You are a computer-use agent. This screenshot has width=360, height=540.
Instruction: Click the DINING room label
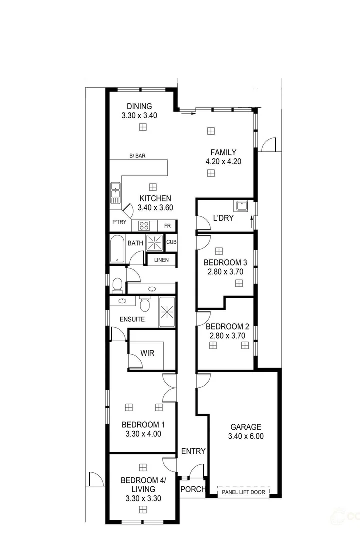click(139, 106)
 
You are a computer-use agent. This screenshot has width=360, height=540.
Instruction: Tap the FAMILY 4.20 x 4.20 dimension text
click(223, 162)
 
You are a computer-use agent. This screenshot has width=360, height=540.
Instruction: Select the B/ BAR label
click(137, 156)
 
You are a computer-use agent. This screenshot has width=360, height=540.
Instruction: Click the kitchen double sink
click(115, 193)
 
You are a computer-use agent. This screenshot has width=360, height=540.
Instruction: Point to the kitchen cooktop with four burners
click(144, 225)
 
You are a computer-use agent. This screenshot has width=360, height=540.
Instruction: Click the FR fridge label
click(167, 226)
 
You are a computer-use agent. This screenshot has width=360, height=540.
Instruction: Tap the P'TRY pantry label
click(119, 222)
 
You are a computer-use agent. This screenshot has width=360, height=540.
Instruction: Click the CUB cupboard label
click(171, 242)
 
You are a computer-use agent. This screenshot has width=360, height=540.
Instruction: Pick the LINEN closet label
click(161, 260)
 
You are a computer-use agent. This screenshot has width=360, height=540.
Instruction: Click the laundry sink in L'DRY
click(242, 205)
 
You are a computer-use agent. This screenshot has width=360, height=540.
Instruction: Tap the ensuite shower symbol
click(167, 312)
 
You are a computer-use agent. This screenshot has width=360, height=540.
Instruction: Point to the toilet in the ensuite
click(145, 304)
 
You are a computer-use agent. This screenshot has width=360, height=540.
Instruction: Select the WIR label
click(147, 353)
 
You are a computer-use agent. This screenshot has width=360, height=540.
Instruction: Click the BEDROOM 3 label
click(225, 262)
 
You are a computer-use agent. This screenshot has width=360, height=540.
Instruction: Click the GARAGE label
click(245, 427)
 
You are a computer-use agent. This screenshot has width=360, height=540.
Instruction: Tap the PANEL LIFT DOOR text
click(244, 492)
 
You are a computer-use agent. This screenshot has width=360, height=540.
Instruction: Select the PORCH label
click(192, 489)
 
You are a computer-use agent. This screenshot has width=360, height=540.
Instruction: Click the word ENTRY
click(193, 451)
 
